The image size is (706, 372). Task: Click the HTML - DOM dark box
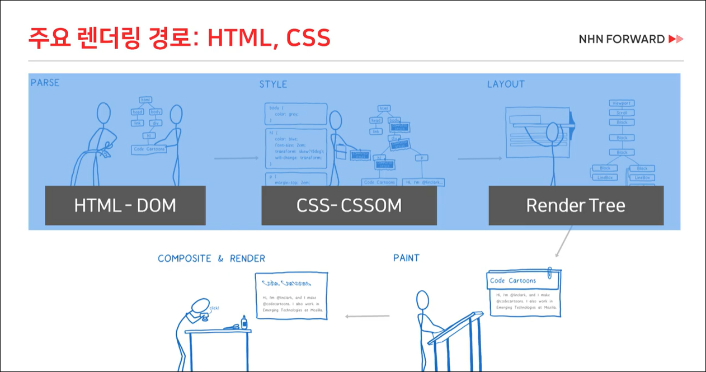pyautogui.click(x=125, y=205)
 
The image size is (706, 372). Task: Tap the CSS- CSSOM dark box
pyautogui.click(x=349, y=205)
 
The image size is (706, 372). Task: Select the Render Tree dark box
pyautogui.click(x=576, y=205)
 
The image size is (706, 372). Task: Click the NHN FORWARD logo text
pyautogui.click(x=622, y=39)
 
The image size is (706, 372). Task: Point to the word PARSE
pyautogui.click(x=45, y=83)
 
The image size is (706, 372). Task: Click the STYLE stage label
pyautogui.click(x=273, y=84)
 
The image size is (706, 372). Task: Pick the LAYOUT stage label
pyautogui.click(x=506, y=84)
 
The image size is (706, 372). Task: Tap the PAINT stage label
pyautogui.click(x=406, y=258)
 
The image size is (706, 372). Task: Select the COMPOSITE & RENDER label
pyautogui.click(x=211, y=258)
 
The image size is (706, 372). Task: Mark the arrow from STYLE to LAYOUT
pyautogui.click(x=479, y=158)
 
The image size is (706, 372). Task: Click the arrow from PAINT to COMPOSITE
pyautogui.click(x=367, y=317)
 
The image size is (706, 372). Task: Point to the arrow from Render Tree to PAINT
pyautogui.click(x=563, y=241)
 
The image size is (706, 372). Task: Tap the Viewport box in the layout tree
pyautogui.click(x=622, y=103)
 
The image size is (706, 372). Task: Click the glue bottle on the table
pyautogui.click(x=244, y=322)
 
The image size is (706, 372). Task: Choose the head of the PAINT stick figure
pyautogui.click(x=423, y=300)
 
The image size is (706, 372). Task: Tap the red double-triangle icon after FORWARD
pyautogui.click(x=676, y=39)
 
